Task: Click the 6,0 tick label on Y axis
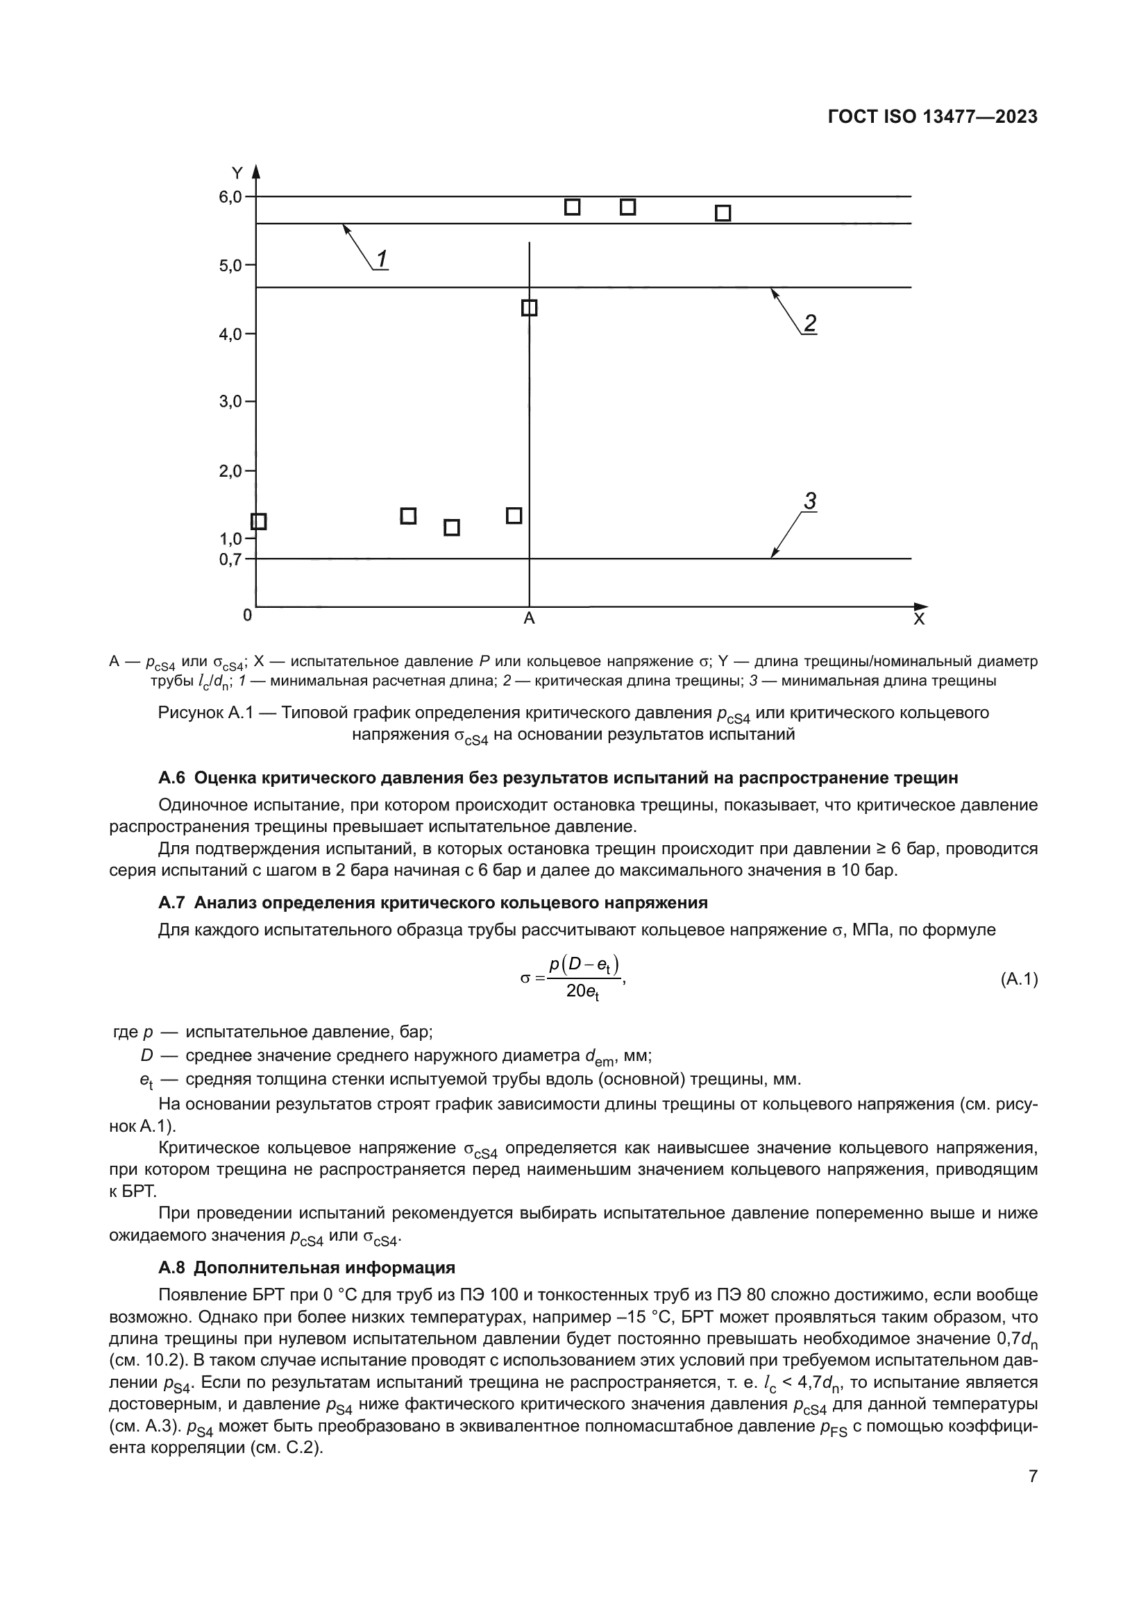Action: tap(230, 197)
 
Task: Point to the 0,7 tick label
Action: tap(230, 560)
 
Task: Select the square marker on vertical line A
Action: tap(529, 308)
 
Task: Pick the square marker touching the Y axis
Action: tap(259, 522)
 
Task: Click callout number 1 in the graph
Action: tap(381, 260)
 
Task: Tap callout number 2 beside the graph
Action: tap(810, 324)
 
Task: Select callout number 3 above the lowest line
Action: tap(810, 502)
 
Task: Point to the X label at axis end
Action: tap(918, 620)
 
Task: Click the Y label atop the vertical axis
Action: tap(237, 173)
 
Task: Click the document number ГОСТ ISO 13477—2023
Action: tap(932, 117)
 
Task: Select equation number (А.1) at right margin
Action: tap(1019, 980)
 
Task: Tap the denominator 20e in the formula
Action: tap(582, 992)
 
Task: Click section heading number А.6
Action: tap(171, 779)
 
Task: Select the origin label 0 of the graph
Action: tap(246, 615)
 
